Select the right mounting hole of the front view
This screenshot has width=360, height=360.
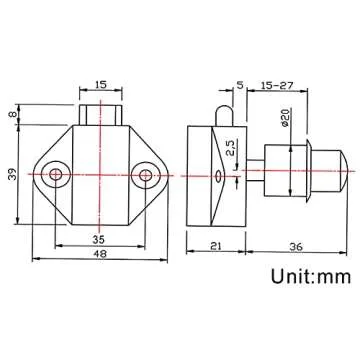(x=148, y=177)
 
